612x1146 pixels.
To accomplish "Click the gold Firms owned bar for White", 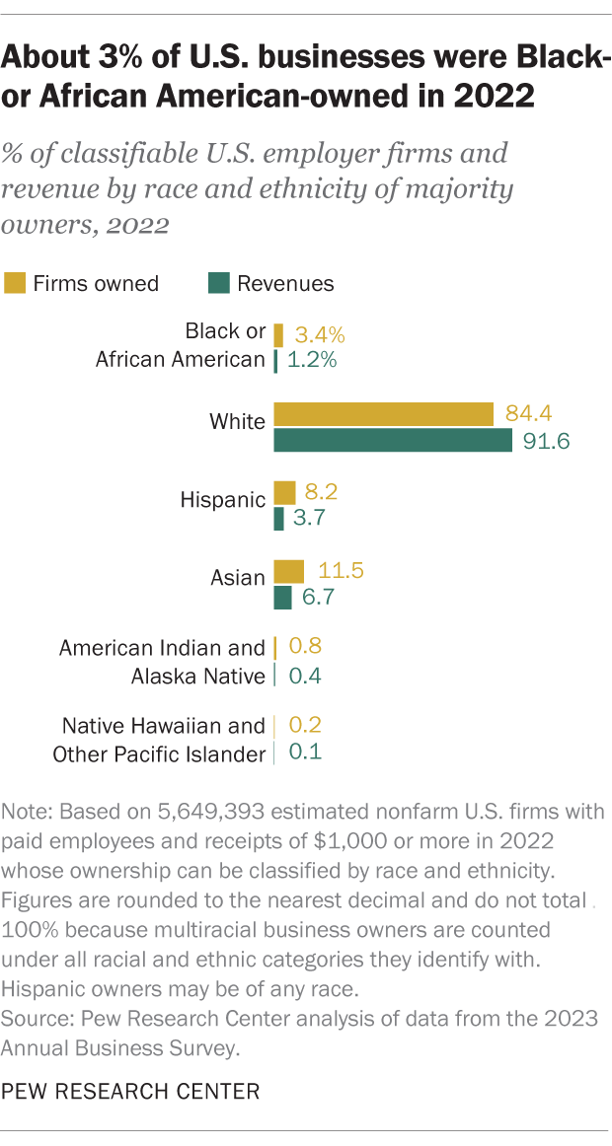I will click(383, 413).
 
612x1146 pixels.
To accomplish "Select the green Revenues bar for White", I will click(393, 440).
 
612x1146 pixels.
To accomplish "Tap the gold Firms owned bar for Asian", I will click(288, 571).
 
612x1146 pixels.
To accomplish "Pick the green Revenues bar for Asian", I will click(282, 598).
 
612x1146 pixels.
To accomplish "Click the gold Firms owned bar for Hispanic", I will click(284, 492).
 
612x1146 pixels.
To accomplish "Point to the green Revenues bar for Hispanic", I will click(278, 519).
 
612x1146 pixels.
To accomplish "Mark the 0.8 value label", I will click(304, 647).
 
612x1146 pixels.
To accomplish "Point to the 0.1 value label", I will click(304, 752).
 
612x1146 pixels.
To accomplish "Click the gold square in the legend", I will click(15, 284).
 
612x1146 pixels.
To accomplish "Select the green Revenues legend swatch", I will click(218, 284).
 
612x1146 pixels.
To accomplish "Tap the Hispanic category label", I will click(222, 500).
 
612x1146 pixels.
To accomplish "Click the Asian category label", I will click(238, 579).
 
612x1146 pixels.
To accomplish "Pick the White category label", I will click(237, 422).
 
